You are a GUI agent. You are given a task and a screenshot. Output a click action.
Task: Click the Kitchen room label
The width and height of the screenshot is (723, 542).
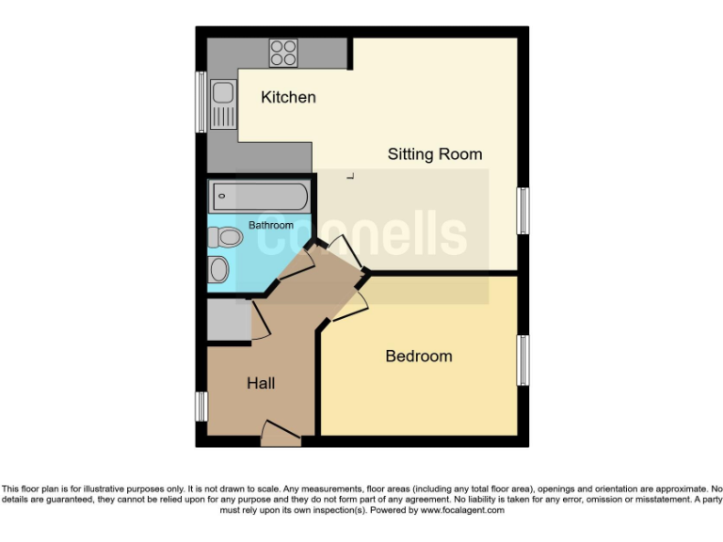[288, 97]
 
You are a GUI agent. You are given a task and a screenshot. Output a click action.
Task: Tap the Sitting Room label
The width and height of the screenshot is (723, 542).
[434, 153]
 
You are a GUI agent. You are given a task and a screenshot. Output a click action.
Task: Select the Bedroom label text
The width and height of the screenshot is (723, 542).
[418, 356]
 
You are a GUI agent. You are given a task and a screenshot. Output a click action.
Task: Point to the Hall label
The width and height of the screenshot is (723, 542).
[261, 383]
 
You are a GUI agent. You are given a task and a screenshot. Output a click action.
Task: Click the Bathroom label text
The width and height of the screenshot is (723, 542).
[270, 225]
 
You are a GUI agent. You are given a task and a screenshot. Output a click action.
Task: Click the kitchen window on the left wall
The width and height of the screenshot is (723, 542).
[201, 102]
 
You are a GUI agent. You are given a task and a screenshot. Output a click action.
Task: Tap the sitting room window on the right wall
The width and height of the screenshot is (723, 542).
[523, 211]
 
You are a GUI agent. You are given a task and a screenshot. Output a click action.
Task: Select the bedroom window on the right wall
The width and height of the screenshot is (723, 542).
[523, 359]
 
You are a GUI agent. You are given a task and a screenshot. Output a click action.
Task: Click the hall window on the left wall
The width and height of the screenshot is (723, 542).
[201, 406]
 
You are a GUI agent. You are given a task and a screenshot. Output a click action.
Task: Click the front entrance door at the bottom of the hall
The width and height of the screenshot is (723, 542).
[280, 435]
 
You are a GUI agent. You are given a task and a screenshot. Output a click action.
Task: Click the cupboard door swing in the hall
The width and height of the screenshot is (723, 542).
[261, 323]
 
